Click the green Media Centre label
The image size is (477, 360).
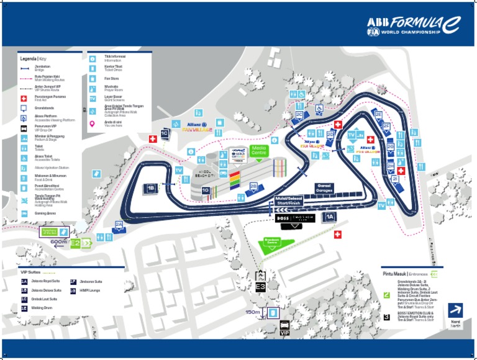tap(258, 150)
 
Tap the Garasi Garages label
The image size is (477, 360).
tap(325, 187)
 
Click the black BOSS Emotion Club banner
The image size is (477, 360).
tap(295, 218)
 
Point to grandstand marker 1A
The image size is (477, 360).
tap(330, 217)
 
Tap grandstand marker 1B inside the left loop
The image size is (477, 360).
tap(151, 187)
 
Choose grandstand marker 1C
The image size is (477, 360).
tap(165, 133)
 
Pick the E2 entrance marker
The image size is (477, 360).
tap(75, 243)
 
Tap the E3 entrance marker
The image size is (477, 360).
tap(261, 287)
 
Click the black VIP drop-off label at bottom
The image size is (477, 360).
tap(284, 333)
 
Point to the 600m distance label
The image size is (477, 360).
tap(59, 242)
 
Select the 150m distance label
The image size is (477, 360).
tap(253, 313)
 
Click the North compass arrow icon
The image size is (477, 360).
tap(456, 310)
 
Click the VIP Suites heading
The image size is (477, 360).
tap(30, 272)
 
